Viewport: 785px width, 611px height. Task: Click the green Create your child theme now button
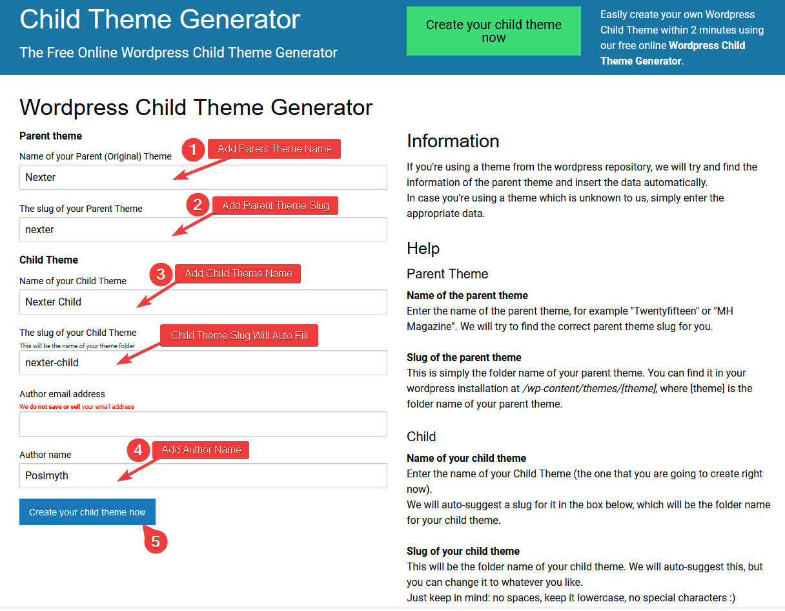(x=493, y=31)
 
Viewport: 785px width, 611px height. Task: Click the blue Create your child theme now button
(x=87, y=512)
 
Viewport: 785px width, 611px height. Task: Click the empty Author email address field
(x=203, y=424)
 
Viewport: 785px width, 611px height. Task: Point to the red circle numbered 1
(x=193, y=150)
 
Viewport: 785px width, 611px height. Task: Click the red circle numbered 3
(x=161, y=274)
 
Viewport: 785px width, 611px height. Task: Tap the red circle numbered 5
(x=156, y=541)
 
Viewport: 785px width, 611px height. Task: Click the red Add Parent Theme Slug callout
(x=276, y=205)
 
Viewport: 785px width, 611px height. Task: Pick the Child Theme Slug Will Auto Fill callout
(x=239, y=335)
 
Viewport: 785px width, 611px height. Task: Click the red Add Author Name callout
(x=201, y=450)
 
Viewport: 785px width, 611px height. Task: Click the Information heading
(x=453, y=141)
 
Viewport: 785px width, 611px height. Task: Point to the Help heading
(x=423, y=249)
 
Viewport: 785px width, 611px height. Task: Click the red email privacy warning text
(x=77, y=407)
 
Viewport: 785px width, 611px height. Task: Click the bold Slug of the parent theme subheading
(x=464, y=357)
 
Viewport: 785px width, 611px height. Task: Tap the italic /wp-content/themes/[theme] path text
(x=589, y=388)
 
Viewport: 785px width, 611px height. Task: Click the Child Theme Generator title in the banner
(x=160, y=19)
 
